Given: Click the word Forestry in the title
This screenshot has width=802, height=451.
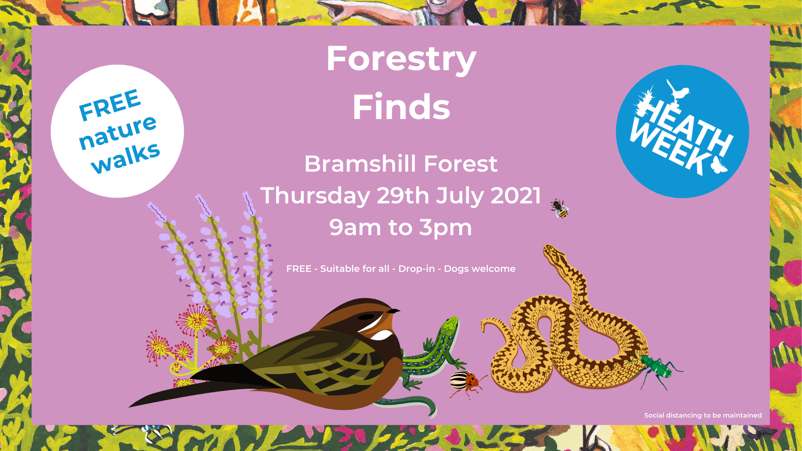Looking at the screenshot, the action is click(401, 60).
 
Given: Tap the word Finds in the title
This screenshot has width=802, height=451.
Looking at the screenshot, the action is click(401, 107).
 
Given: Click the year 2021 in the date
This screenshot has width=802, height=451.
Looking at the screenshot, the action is click(516, 195).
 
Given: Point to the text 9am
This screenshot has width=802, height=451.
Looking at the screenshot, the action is click(355, 228).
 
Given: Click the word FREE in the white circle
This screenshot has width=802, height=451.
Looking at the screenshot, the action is click(109, 104).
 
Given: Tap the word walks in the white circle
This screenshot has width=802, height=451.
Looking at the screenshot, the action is click(126, 157).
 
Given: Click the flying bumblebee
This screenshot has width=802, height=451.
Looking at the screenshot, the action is click(559, 208).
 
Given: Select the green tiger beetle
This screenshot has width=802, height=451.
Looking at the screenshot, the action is click(656, 367).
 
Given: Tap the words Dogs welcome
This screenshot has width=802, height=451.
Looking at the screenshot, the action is click(480, 269).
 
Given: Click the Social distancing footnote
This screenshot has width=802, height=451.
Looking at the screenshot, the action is click(703, 416).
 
